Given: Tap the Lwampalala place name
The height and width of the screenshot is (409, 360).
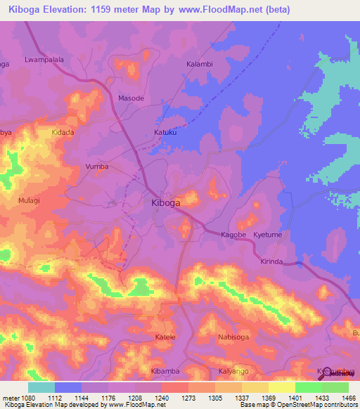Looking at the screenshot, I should [44, 60].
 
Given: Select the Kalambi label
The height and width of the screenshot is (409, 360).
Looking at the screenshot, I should [199, 64].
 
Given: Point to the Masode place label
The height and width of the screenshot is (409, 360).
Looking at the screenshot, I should [131, 98].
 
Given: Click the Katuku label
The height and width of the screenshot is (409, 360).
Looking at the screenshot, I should [165, 132].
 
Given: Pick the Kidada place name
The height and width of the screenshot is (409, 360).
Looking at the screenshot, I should [63, 132].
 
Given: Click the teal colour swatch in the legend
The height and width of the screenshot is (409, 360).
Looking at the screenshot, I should [41, 387].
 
